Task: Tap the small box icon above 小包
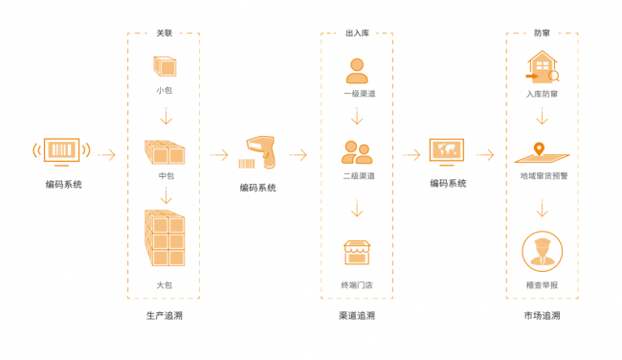[165, 67]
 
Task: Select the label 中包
[165, 175]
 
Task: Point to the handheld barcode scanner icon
[259, 150]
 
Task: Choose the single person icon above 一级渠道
[357, 70]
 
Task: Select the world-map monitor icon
[447, 151]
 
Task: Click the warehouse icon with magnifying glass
[542, 67]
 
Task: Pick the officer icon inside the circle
[542, 252]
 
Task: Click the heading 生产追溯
[165, 315]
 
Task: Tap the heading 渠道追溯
[357, 315]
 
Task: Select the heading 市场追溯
[542, 315]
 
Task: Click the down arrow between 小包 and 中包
[165, 118]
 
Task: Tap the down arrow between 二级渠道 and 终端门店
[357, 208]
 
